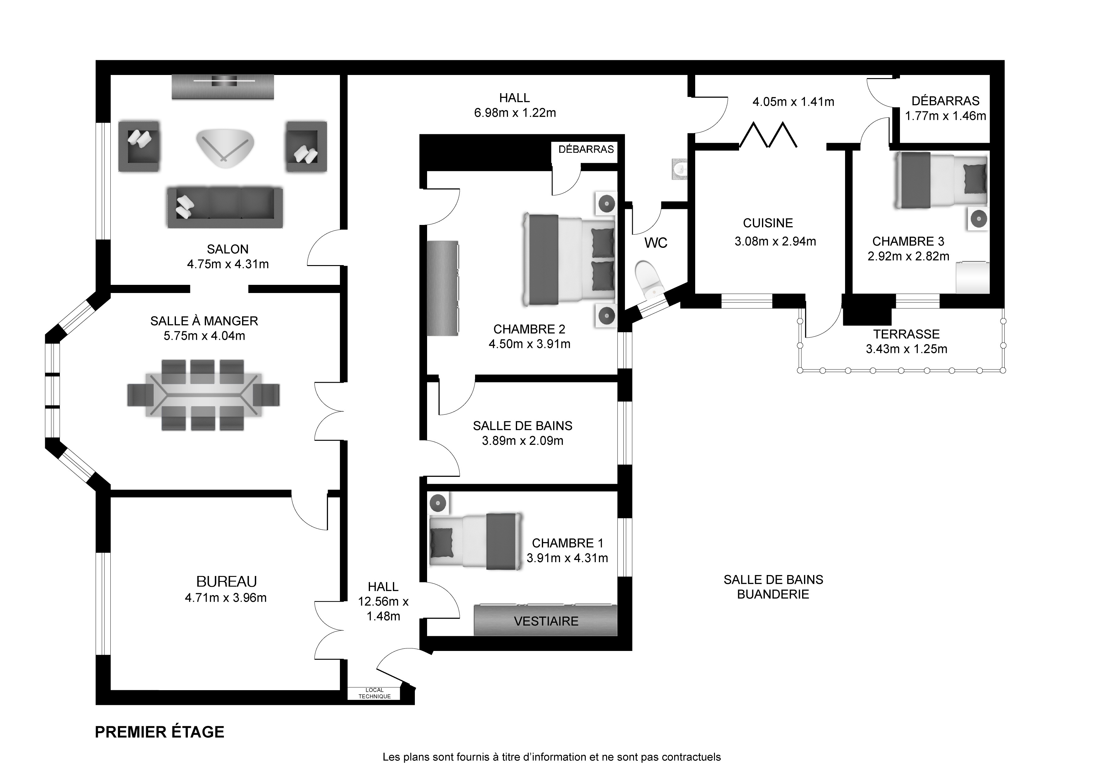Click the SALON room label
228,249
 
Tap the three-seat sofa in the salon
225,208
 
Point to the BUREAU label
227,582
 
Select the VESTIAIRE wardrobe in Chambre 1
546,621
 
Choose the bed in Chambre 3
941,180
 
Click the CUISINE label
768,223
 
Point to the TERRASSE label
906,334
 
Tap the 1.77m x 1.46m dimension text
945,116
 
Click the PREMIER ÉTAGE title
160,732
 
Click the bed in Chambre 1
475,541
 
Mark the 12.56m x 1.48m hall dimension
383,609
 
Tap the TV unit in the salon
223,87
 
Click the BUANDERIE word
773,594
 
